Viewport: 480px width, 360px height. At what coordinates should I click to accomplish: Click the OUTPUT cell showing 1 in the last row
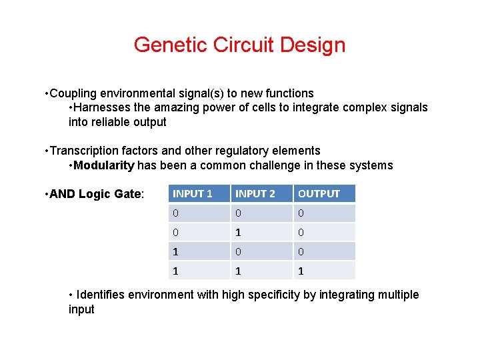click(301, 271)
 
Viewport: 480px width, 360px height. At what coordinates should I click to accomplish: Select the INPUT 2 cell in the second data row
click(239, 232)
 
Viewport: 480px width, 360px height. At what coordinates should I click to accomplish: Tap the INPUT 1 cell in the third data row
click(176, 251)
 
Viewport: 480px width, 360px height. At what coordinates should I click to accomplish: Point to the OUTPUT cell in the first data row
click(301, 213)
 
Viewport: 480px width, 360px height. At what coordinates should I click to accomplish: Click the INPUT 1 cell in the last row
click(176, 271)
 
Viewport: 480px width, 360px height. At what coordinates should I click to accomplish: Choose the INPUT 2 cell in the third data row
click(239, 251)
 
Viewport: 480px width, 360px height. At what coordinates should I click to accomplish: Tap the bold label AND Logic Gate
click(111, 194)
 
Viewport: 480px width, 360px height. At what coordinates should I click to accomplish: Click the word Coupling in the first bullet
click(72, 93)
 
